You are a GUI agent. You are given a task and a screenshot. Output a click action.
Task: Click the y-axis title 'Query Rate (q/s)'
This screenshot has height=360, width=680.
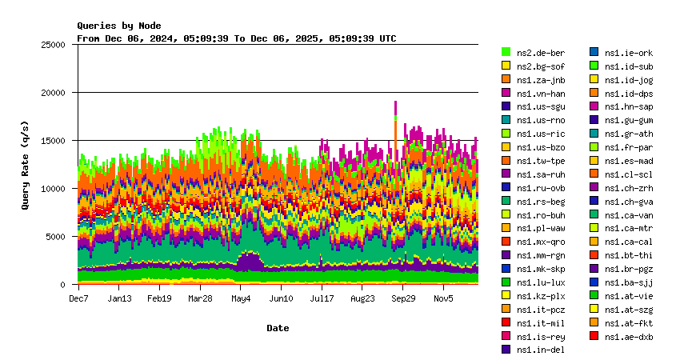click(26, 164)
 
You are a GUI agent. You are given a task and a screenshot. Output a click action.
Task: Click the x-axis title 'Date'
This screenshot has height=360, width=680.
click(278, 328)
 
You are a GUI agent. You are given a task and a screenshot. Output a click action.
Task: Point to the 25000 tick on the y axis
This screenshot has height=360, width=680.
click(53, 45)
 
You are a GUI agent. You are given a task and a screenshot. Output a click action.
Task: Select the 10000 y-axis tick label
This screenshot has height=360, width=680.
click(53, 189)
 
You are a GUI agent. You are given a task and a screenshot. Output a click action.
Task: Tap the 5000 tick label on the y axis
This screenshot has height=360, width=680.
click(55, 237)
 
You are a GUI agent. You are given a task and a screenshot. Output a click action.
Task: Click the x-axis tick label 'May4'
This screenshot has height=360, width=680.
click(241, 298)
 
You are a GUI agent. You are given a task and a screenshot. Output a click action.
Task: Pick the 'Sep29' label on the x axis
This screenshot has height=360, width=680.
click(403, 298)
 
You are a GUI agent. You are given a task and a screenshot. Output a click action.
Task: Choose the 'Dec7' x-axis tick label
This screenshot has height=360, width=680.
click(78, 298)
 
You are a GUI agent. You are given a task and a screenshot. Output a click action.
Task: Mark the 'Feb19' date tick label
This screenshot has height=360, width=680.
click(159, 298)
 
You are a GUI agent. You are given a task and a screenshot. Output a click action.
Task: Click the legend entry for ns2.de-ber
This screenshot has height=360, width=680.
click(541, 53)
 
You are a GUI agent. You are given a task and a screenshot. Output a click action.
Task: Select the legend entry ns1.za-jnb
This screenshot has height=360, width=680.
click(541, 80)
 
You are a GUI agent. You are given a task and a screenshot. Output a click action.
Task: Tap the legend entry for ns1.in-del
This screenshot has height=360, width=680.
click(541, 350)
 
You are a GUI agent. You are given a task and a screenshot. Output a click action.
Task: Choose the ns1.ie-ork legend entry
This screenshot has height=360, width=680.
click(629, 53)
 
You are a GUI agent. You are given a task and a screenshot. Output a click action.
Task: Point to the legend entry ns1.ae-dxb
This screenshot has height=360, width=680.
click(629, 336)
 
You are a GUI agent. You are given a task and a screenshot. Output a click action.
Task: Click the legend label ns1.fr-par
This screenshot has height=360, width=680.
click(629, 147)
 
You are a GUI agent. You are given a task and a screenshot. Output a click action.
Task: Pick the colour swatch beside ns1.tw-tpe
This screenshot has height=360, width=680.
click(506, 161)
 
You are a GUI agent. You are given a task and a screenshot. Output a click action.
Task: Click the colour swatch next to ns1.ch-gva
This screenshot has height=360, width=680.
click(594, 201)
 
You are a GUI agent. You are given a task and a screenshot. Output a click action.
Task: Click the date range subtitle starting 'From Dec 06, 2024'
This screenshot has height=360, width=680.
click(236, 38)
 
